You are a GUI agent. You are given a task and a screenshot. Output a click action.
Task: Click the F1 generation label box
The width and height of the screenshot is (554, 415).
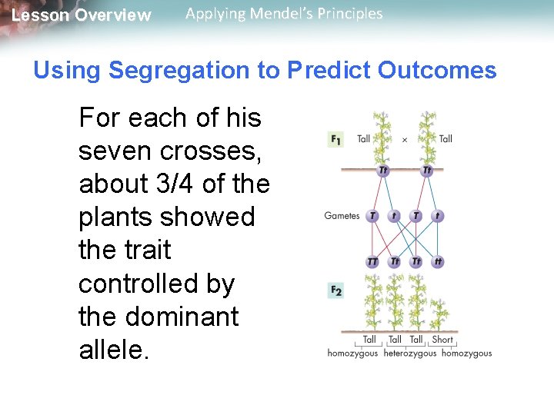click(x=335, y=139)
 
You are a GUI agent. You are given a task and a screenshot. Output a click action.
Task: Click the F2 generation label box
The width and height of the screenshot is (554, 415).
click(x=335, y=290)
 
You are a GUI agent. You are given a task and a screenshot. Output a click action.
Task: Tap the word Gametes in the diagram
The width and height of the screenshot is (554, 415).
click(x=342, y=216)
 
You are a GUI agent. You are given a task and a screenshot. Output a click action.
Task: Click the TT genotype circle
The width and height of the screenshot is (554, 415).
click(x=372, y=262)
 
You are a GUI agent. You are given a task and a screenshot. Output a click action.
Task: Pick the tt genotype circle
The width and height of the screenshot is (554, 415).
click(x=438, y=262)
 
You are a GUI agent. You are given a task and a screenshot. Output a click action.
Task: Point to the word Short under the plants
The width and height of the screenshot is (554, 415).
click(x=442, y=339)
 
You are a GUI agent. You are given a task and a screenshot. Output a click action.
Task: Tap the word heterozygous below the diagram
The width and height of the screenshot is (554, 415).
click(x=409, y=354)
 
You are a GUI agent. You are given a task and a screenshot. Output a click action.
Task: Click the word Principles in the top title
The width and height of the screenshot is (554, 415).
click(x=351, y=14)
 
